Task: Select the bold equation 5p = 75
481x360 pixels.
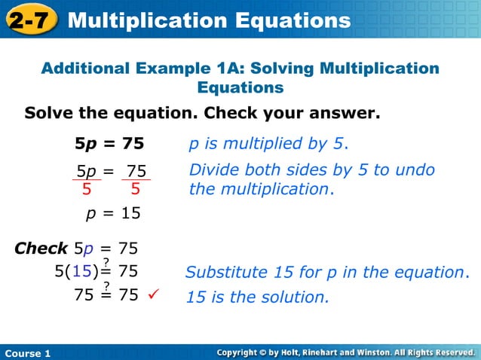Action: tap(109, 143)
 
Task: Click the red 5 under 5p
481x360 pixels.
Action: tap(87, 189)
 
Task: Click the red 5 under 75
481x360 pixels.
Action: tap(136, 189)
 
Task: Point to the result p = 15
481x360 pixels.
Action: tap(113, 213)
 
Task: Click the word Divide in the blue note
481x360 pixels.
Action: tap(213, 170)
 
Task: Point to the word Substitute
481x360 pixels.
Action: tap(224, 271)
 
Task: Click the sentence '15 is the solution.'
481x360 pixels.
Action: tap(258, 297)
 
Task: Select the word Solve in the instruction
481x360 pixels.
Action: tap(48, 114)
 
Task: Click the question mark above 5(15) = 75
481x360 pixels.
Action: tap(106, 261)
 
